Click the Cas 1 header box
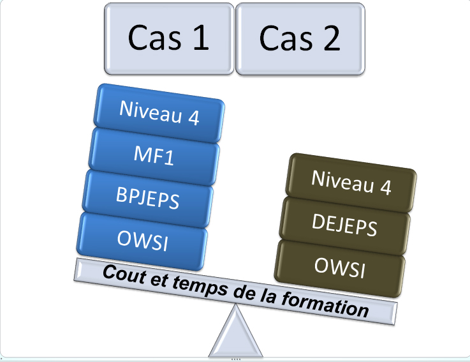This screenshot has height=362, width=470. pos(169,38)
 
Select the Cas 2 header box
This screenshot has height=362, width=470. pos(300,38)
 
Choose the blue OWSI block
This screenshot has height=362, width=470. pos(143,241)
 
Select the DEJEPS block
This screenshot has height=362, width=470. pos(344,223)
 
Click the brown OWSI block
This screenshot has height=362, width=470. pos(341,266)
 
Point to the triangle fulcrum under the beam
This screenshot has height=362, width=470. pos(237,333)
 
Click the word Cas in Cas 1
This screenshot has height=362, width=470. pos(152,38)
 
